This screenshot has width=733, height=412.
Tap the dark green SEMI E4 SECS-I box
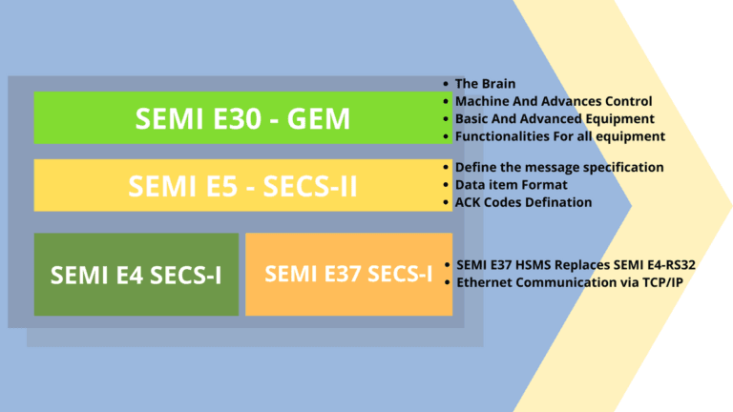click(x=136, y=275)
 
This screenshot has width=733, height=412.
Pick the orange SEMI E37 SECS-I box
click(x=348, y=275)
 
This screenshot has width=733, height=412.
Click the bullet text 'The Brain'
click(x=486, y=84)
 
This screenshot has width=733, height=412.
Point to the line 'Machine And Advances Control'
click(x=554, y=101)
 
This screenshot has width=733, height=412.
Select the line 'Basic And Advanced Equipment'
click(x=555, y=119)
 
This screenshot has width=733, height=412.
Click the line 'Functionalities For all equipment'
click(x=560, y=137)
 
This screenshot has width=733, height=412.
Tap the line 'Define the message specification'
click(x=559, y=167)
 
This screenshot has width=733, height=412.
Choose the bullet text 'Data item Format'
click(x=512, y=184)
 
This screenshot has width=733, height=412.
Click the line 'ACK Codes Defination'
click(x=523, y=202)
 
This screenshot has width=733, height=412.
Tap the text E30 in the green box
click(x=232, y=118)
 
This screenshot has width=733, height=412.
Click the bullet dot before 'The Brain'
click(x=447, y=84)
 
